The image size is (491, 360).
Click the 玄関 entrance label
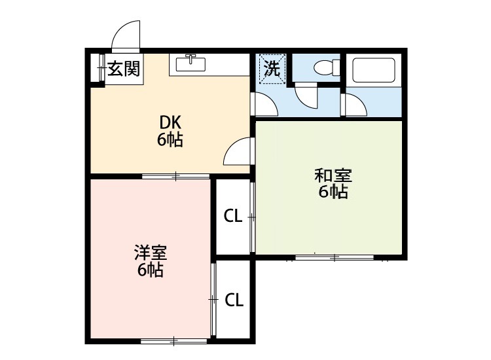pos(124,68)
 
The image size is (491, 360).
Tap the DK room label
pos(170,122)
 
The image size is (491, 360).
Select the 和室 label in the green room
pos(333,175)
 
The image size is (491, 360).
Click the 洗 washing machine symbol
pos(272,67)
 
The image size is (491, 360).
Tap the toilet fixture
pos(325,68)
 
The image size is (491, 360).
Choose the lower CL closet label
pos(234,300)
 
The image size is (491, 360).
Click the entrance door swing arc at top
pos(126,36)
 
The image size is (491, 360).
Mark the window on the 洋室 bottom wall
pos(173,340)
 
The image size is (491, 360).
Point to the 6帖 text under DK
pos(170,139)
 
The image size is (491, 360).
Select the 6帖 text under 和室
pos(333,192)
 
